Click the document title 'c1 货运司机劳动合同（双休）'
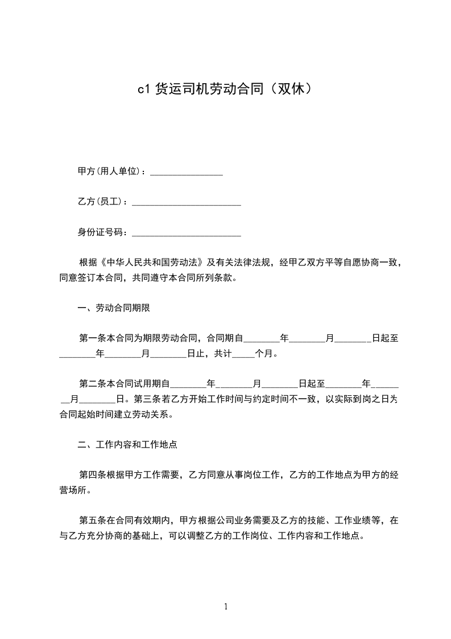(x=225, y=89)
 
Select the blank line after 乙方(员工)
(x=186, y=202)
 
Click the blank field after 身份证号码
(x=186, y=232)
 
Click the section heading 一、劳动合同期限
(x=113, y=308)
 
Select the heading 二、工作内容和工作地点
(x=131, y=444)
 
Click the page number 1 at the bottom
(x=226, y=607)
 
